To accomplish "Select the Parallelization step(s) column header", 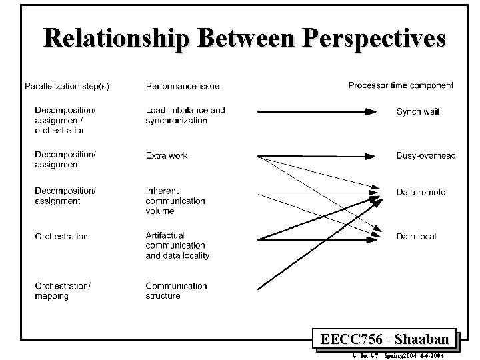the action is (67, 85).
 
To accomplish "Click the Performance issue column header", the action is (183, 85).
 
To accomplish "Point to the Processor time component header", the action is (401, 85).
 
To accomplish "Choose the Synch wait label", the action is (418, 111).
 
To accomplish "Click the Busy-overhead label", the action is (426, 155).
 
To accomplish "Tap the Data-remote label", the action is (421, 192).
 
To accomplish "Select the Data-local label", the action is (416, 236).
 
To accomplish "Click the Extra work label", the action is (167, 155).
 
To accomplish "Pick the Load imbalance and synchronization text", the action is (185, 115).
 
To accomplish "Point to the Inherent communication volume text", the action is (175, 201).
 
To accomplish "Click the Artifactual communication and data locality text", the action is (177, 245).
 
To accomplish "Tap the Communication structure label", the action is (177, 291).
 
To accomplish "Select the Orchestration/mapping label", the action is (63, 291).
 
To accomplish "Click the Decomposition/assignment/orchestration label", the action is (65, 120).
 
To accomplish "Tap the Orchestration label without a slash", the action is (61, 236).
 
